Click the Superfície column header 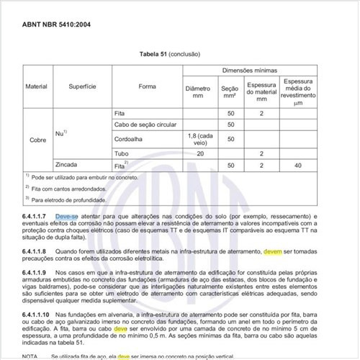83,86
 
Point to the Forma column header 148,86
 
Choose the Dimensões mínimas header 259,71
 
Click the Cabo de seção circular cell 147,125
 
